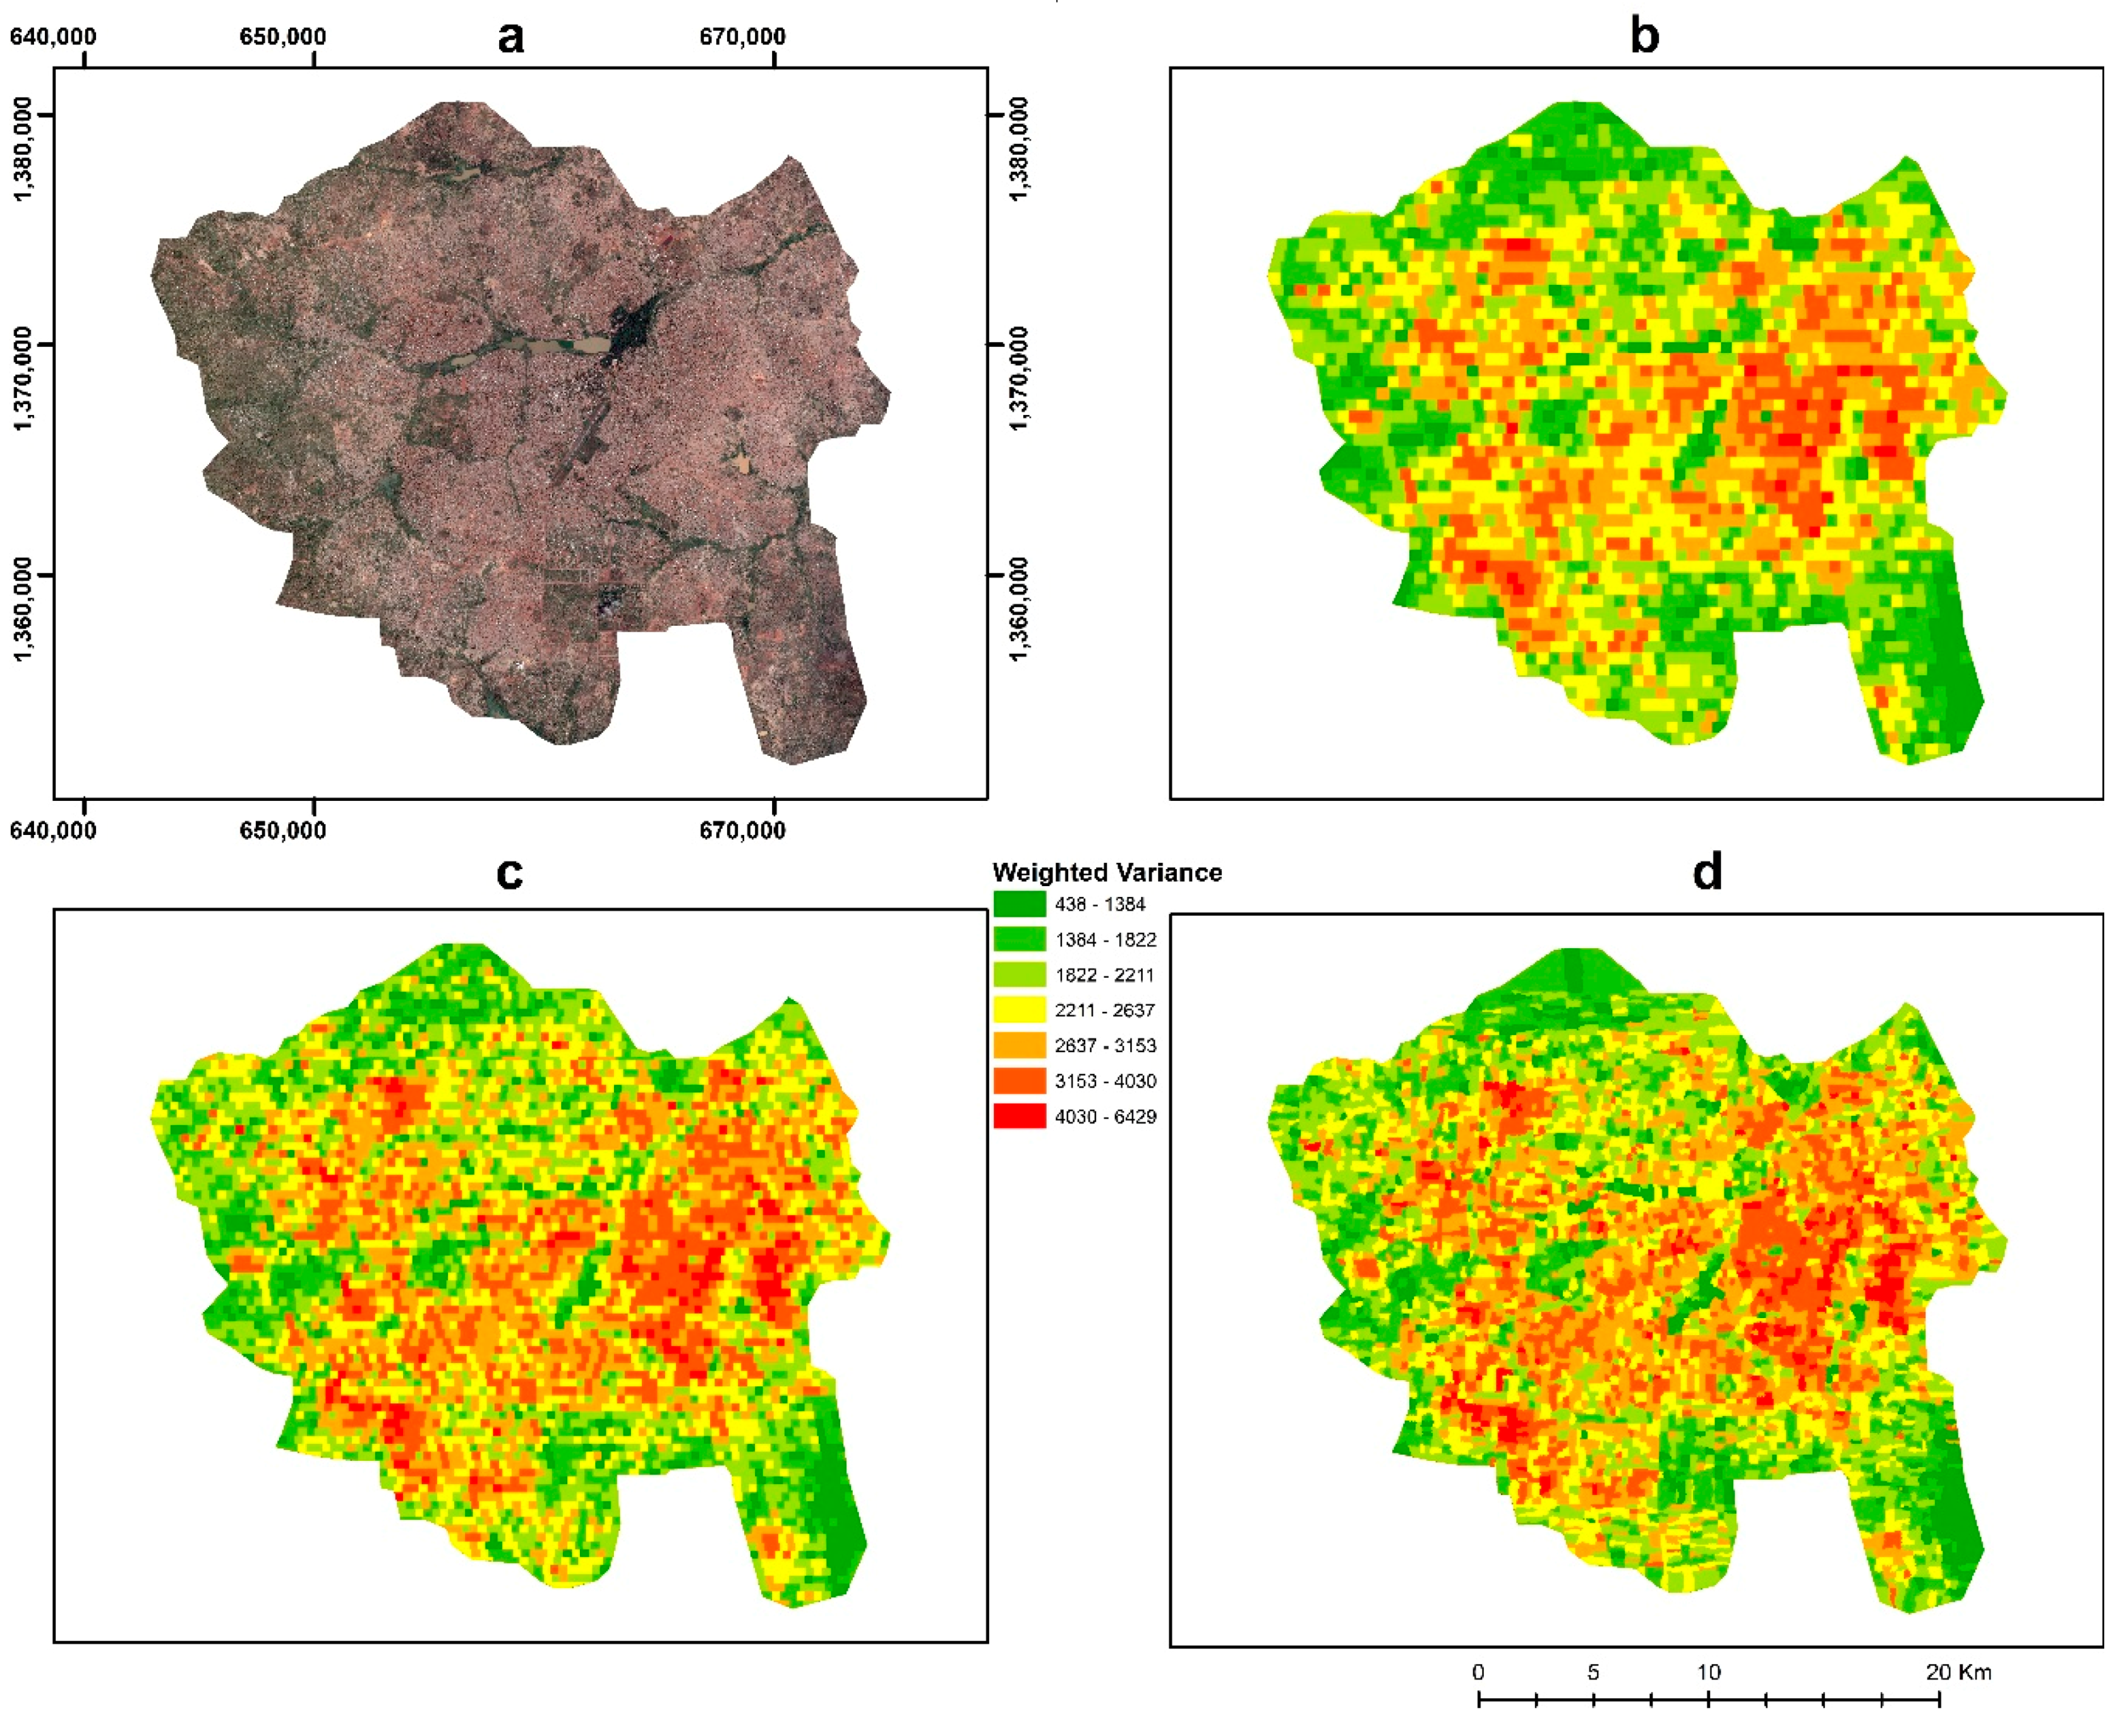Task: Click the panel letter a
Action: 510,37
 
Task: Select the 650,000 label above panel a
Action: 283,37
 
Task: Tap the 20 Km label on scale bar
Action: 1958,1672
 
